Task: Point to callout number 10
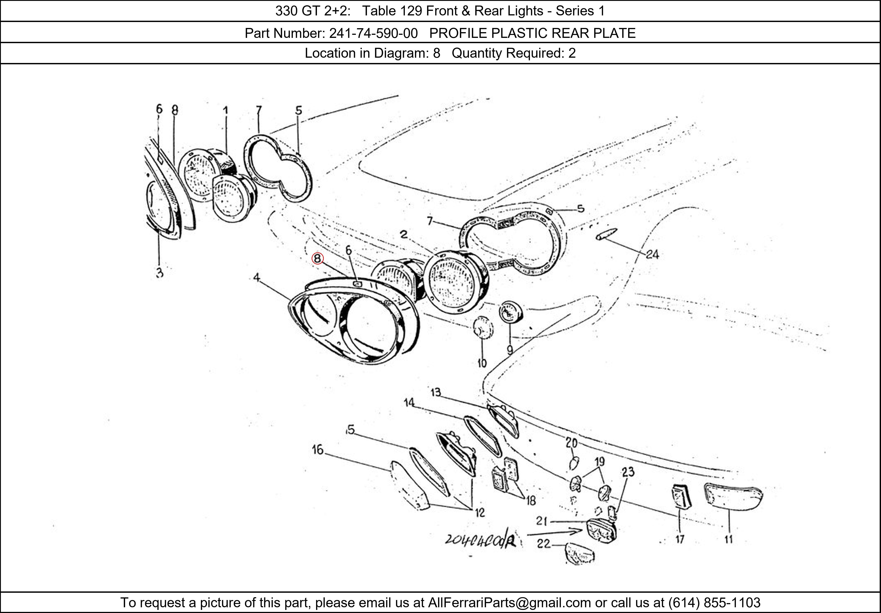point(482,363)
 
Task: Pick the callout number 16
point(318,450)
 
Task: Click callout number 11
point(729,539)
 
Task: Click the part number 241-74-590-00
point(373,33)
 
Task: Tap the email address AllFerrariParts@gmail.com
point(509,603)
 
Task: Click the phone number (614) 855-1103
point(714,603)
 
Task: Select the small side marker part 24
point(607,234)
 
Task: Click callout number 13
point(436,392)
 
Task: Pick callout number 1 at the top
point(226,111)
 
